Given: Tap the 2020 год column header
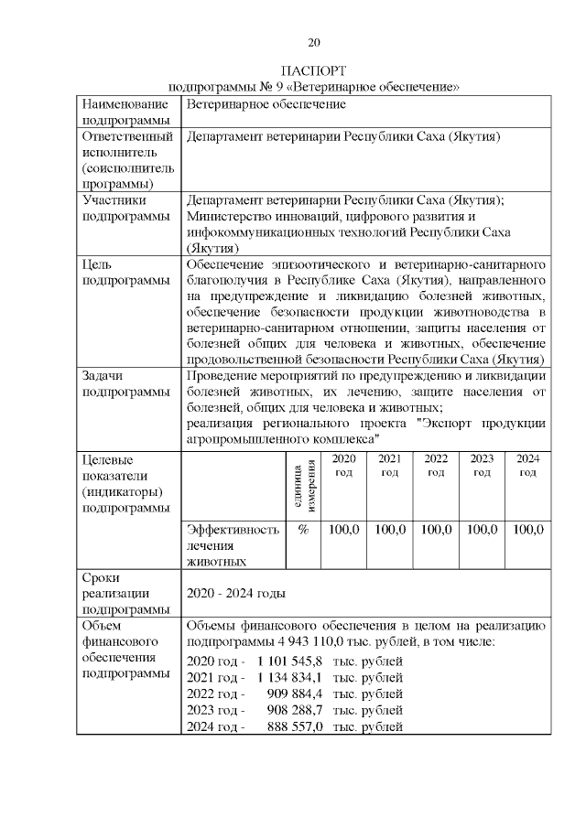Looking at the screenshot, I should tap(342, 466).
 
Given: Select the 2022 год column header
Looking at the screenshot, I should tap(436, 466).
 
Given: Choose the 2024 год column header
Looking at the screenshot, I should tap(527, 466).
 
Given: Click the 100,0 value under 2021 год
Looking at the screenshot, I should tap(390, 530).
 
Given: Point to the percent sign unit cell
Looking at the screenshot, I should tap(303, 530).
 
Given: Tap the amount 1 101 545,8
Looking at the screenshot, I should tap(290, 660).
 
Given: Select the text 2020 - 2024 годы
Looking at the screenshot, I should tap(236, 593).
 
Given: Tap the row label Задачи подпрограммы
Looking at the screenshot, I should tap(125, 383).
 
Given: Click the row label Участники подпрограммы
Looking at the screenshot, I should tap(125, 208).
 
